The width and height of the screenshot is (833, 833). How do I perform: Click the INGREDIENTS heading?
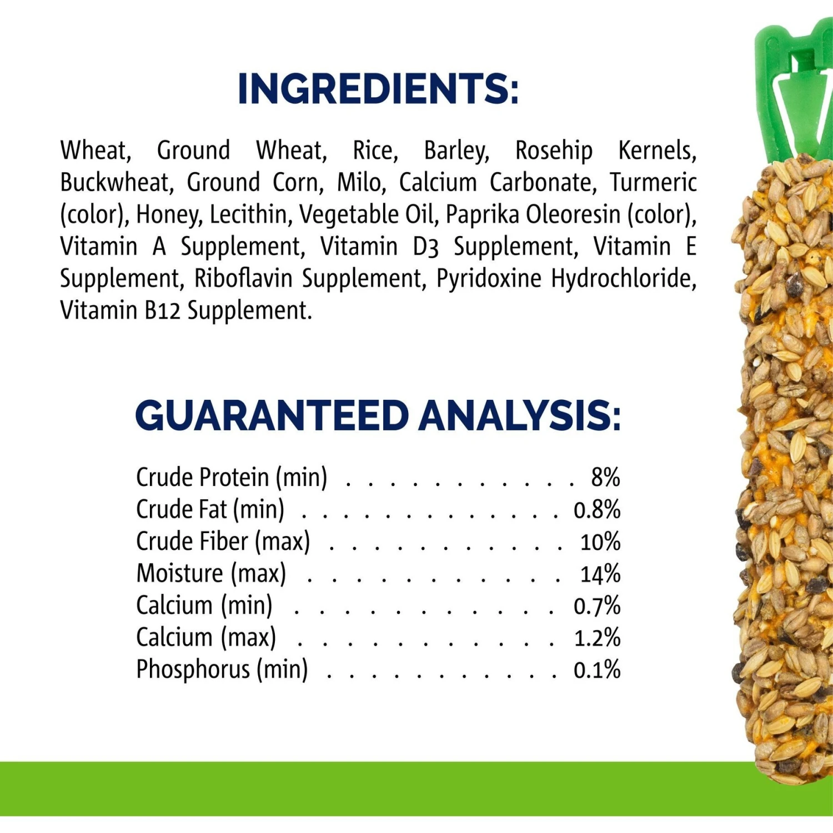click(x=378, y=88)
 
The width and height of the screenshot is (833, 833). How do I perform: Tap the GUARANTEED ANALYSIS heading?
click(x=378, y=415)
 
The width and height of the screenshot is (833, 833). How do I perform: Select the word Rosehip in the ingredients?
click(x=554, y=150)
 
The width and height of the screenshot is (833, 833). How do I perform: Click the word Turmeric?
click(x=653, y=183)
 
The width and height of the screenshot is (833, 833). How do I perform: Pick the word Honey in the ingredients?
click(x=168, y=215)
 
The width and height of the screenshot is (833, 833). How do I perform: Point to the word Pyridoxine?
click(x=489, y=278)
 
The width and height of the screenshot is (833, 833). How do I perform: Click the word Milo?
click(x=361, y=183)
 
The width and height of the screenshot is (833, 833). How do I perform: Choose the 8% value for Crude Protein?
click(x=605, y=477)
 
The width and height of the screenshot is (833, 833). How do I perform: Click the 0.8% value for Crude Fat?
click(x=597, y=509)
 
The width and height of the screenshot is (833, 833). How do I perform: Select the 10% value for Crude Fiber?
click(x=600, y=541)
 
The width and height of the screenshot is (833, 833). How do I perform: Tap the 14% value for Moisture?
click(x=600, y=574)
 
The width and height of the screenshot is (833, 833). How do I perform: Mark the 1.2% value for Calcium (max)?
click(x=597, y=638)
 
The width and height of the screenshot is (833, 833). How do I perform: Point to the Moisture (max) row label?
click(x=211, y=574)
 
